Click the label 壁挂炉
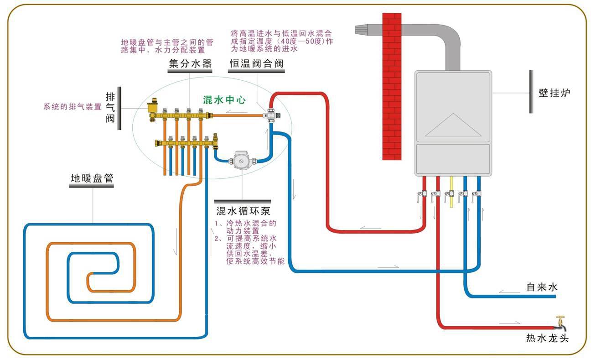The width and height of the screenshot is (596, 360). tap(555, 93)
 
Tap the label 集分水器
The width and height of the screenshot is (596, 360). tap(190, 63)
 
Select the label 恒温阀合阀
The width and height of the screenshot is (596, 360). tap(256, 63)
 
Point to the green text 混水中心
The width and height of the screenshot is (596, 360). tap(224, 100)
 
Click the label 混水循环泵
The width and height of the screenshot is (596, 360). tap(243, 211)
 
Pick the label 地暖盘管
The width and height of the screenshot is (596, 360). tap(92, 178)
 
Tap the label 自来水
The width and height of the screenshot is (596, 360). tap(542, 287)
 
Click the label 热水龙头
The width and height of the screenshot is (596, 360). tap(547, 338)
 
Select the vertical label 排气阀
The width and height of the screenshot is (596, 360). tap(110, 108)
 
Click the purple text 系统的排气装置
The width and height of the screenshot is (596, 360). tap(73, 107)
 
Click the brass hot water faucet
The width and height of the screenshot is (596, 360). tap(560, 323)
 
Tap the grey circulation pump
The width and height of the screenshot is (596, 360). tap(242, 160)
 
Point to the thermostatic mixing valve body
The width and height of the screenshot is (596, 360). tap(271, 115)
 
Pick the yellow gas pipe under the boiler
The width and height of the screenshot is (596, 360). tap(451, 192)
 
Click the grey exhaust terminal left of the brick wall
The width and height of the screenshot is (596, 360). tap(361, 29)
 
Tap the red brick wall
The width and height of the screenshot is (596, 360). tap(392, 87)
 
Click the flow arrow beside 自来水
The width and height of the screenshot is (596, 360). tap(509, 291)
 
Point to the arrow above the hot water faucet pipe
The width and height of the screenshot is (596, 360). tap(509, 323)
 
